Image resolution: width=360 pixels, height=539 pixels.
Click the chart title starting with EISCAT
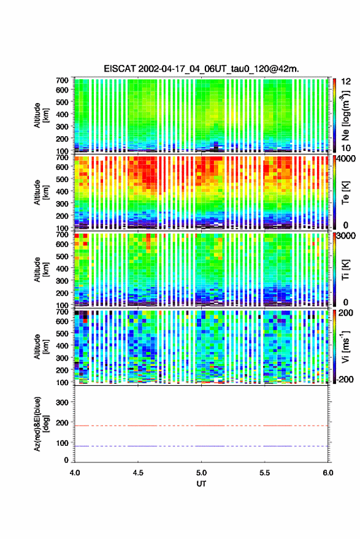click(x=202, y=69)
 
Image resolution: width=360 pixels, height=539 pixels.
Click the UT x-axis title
click(x=201, y=484)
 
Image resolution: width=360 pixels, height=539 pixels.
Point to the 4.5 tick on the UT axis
click(x=138, y=473)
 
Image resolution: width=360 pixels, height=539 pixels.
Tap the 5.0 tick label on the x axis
click(x=202, y=473)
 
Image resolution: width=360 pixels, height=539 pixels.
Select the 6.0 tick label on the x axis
click(x=328, y=473)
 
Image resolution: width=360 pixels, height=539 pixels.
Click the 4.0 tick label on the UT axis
click(x=75, y=473)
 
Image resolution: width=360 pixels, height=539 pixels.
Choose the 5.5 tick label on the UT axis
click(x=265, y=473)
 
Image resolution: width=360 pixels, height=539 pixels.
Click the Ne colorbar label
click(x=345, y=116)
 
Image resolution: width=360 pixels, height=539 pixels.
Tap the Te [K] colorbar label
click(x=345, y=193)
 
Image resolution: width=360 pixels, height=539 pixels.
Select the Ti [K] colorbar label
click(x=345, y=270)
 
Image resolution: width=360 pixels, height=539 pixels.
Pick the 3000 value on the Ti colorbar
click(x=346, y=235)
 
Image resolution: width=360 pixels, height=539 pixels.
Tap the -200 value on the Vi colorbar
click(x=344, y=379)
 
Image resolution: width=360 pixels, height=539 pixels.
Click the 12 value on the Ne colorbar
click(x=347, y=82)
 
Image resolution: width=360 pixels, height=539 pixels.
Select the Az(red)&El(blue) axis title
click(x=41, y=424)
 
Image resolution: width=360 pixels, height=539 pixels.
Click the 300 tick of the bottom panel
click(x=62, y=402)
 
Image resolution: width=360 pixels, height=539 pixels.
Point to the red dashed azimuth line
click(x=201, y=426)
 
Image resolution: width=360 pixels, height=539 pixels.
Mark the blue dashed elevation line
click(x=201, y=446)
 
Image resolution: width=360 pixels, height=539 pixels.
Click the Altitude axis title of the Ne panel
click(x=41, y=115)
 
